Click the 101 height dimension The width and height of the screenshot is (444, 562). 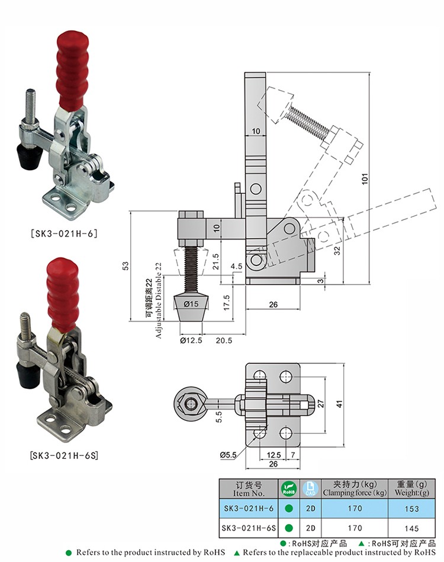pyautogui.click(x=365, y=177)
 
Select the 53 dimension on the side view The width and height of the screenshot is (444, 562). pyautogui.click(x=125, y=267)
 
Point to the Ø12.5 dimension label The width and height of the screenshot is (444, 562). pyautogui.click(x=190, y=340)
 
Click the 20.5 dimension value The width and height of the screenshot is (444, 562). pyautogui.click(x=224, y=340)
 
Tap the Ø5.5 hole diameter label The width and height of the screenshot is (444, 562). pyautogui.click(x=229, y=455)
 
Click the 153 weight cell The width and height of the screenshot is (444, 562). pyautogui.click(x=412, y=509)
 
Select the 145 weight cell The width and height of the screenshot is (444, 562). pyautogui.click(x=412, y=528)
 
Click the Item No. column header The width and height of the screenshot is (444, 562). pyautogui.click(x=249, y=488)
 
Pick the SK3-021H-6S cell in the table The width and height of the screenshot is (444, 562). pyautogui.click(x=249, y=528)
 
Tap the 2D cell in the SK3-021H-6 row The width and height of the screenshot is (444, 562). pyautogui.click(x=310, y=509)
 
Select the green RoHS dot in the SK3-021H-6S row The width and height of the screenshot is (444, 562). pyautogui.click(x=288, y=528)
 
